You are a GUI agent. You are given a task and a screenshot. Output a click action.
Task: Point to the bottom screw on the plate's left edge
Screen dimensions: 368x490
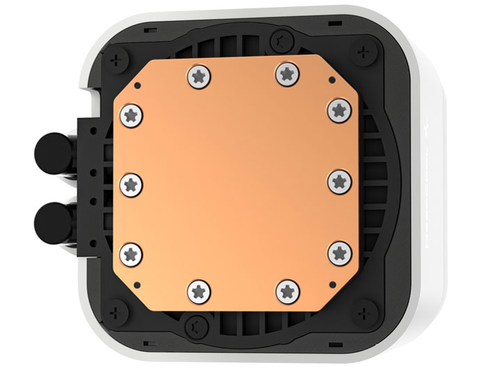[x=131, y=253]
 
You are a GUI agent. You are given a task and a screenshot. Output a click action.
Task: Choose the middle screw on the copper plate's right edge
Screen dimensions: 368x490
[x=339, y=181]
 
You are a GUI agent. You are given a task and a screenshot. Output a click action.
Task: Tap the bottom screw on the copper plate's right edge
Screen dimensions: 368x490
[x=339, y=252]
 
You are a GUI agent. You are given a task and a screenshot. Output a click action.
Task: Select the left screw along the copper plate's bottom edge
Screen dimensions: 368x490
[x=197, y=289]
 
